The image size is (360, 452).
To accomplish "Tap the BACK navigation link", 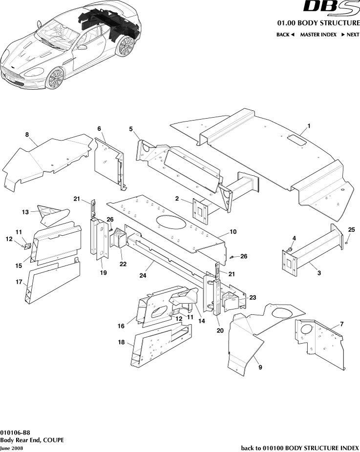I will pos(285,35).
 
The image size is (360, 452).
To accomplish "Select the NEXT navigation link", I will pos(350,35).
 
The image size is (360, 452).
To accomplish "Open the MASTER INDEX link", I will pos(318,35).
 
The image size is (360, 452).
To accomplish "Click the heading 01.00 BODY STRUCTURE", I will pos(318,23).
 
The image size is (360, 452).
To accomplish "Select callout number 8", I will pos(27,134).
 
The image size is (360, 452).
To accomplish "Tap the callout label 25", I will pos(351,229).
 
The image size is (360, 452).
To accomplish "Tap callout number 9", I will pos(260,367).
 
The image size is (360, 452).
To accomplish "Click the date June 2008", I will pos(11,448).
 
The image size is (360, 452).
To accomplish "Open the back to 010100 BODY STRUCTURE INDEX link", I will pos(300,448).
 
